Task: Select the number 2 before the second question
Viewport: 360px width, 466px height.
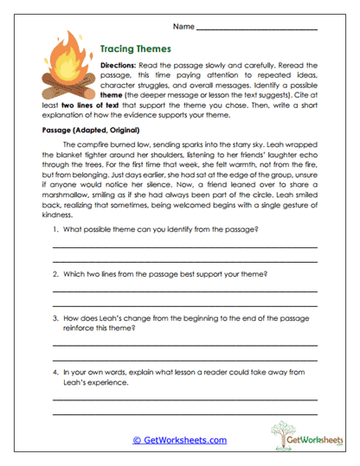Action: click(55, 273)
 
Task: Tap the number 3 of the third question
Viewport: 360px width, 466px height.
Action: click(55, 318)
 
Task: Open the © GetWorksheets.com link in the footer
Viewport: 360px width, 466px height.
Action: click(180, 440)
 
